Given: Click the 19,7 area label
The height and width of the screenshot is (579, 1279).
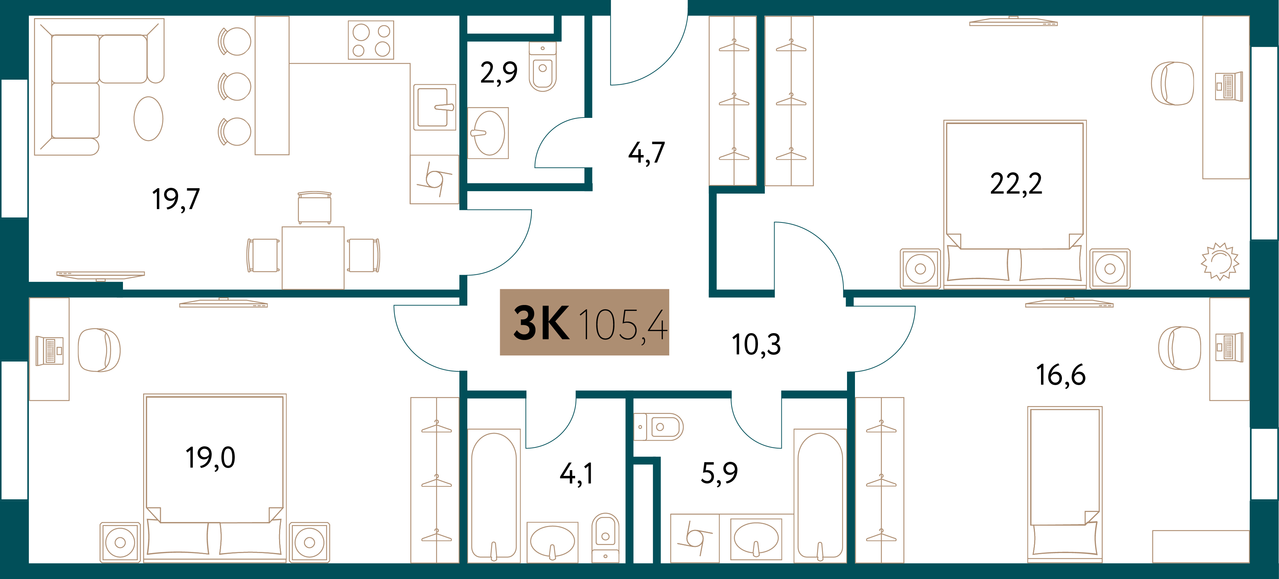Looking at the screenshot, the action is (176, 199).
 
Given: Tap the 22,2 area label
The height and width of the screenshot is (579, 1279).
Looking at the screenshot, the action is (1016, 184).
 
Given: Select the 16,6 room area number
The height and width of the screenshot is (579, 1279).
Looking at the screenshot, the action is (1060, 375).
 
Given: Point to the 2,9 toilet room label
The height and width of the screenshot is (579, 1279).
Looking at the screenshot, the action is (498, 73).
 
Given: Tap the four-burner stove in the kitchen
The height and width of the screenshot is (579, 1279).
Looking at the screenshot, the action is (371, 40).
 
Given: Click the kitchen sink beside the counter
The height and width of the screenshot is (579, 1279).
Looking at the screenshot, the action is (435, 107).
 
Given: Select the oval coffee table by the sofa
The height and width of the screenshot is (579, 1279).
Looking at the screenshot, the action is (149, 119).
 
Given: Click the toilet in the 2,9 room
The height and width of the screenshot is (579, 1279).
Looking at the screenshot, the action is (543, 67).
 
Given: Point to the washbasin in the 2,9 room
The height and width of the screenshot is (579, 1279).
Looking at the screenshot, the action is (489, 133).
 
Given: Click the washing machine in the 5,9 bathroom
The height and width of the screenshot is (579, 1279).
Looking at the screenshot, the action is (694, 538).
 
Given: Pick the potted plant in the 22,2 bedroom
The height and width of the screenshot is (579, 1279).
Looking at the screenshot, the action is (1220, 261).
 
